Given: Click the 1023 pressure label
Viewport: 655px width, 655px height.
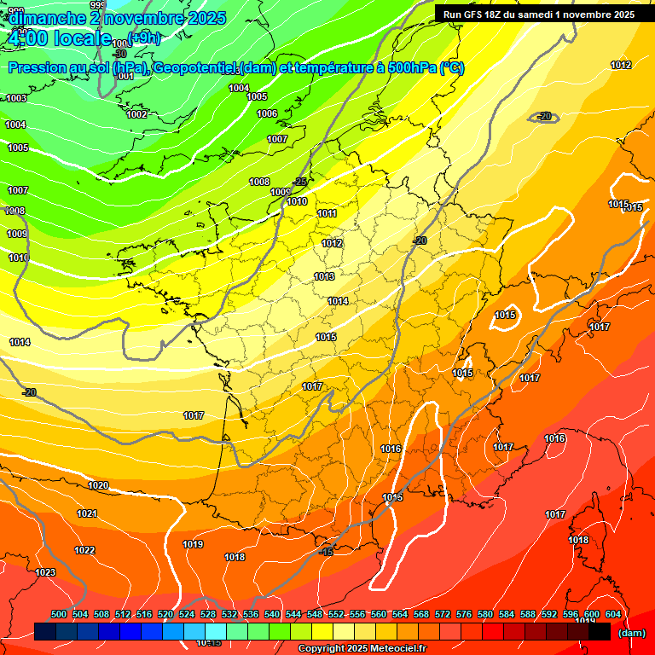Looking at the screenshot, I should (45, 572).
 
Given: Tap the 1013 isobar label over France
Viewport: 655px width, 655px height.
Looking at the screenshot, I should (324, 276).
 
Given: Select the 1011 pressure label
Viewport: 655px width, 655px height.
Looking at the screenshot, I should (327, 213).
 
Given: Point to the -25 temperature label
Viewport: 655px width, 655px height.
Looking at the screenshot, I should (299, 182).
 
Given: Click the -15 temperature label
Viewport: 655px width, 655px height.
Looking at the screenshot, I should (326, 553).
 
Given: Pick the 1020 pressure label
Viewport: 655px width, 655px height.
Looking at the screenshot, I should (98, 485).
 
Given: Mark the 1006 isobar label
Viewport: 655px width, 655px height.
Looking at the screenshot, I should (267, 113).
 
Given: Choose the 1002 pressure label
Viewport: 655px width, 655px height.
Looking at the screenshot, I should (136, 114).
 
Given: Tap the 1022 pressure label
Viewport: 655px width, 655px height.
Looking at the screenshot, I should (84, 550).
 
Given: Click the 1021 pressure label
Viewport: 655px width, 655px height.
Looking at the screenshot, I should (87, 513).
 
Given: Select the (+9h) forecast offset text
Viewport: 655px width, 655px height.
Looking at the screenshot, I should (143, 38).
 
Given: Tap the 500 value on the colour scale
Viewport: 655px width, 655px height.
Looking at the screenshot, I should (59, 614).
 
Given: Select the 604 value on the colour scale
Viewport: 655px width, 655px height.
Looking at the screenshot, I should (612, 614).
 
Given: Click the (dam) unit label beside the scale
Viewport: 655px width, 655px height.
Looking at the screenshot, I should (630, 633).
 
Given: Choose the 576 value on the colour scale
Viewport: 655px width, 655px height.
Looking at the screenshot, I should (464, 614).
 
